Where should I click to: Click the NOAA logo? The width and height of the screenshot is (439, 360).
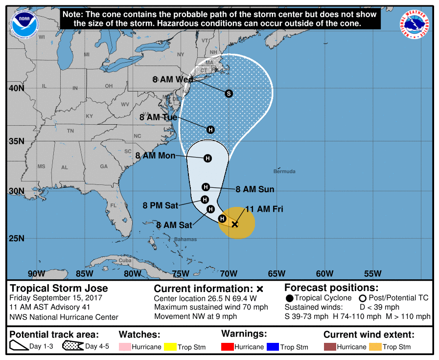pos(23,22)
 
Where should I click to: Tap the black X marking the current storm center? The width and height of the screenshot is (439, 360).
pos(235,224)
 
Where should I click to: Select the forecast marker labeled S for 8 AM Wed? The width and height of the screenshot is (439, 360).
pos(229,93)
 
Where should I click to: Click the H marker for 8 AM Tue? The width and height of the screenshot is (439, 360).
pos(210,130)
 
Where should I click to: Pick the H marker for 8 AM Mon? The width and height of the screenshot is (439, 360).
pos(208,158)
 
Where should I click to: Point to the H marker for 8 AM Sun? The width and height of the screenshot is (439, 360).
pos(206,187)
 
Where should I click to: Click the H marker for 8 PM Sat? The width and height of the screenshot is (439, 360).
pos(205,200)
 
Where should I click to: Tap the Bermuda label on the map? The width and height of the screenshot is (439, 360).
pos(284,171)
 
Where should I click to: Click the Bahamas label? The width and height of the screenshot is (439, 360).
pos(185,239)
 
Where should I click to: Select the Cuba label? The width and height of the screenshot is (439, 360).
pos(126,260)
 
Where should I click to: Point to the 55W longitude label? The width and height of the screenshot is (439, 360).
pos(372,273)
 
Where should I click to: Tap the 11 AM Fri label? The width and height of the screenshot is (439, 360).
pos(264,209)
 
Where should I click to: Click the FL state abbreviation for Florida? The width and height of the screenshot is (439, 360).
pos(114,205)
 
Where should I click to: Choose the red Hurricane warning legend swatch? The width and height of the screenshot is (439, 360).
pos(228,347)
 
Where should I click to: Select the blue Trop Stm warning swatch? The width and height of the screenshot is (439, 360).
pos(272,347)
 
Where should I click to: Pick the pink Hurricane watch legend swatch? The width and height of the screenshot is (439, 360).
pos(125,347)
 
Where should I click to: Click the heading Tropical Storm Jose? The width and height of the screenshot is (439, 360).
pos(59,288)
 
